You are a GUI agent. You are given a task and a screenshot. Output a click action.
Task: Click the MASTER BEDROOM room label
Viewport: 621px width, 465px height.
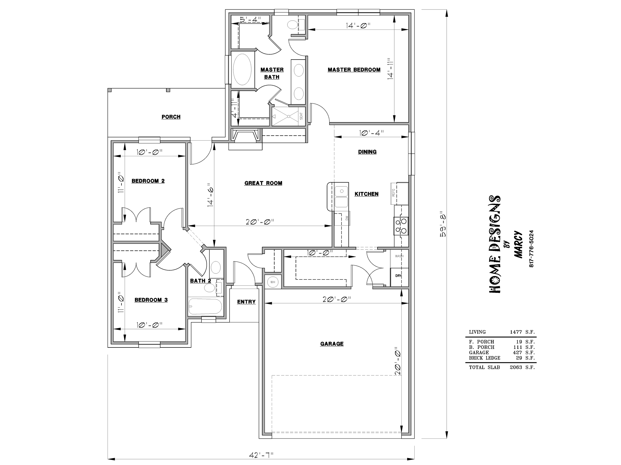[x=354, y=70]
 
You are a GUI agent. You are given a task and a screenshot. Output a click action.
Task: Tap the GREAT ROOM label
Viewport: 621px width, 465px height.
[x=263, y=183]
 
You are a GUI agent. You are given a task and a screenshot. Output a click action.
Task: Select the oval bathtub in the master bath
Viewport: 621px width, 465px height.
[x=242, y=69]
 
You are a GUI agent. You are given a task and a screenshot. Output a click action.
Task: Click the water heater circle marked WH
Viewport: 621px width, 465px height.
[x=272, y=282]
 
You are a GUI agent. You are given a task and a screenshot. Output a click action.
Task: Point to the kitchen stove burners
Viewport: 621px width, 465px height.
[x=401, y=226]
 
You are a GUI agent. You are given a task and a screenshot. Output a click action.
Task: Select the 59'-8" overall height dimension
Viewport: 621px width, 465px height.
[x=443, y=224]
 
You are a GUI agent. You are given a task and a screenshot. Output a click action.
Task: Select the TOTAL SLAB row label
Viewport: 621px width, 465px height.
[x=484, y=368]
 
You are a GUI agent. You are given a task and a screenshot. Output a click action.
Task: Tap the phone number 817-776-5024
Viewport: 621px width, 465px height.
[x=531, y=248]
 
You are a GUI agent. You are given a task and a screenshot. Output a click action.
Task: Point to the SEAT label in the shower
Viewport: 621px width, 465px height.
[x=301, y=116]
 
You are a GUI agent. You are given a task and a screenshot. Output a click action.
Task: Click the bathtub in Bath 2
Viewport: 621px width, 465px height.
[x=205, y=306]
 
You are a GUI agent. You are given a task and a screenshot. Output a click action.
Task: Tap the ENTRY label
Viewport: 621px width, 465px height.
[x=246, y=302]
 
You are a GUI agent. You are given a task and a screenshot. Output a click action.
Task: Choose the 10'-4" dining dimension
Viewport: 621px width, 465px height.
[x=371, y=133]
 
